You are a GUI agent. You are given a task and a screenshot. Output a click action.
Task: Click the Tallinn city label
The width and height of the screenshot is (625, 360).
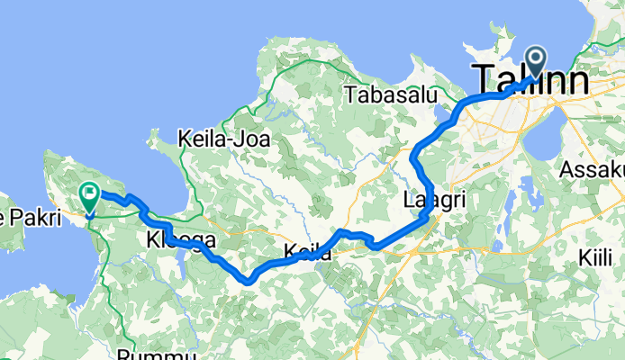pos(530,79)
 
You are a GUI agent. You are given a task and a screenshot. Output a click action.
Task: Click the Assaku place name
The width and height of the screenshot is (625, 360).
pos(592,169)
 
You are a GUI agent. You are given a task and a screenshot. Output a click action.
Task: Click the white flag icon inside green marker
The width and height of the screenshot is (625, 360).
pos(90,192)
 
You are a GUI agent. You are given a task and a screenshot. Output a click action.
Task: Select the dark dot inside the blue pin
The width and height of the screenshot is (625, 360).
pos(535,58)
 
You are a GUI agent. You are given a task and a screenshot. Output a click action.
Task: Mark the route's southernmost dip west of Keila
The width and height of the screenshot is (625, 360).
pos(248,281)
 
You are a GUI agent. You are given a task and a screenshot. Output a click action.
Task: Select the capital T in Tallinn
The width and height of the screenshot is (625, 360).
pos(483,79)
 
